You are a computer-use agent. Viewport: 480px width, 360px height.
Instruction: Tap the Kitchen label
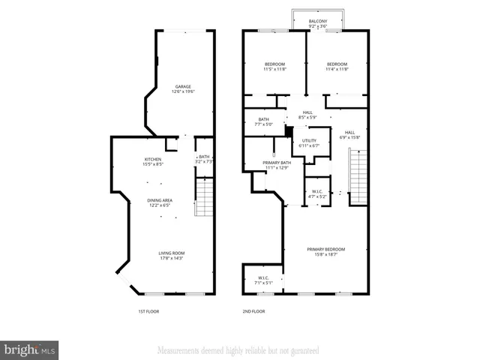[x=153, y=160]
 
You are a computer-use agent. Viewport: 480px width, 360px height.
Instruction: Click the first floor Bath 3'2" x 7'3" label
[x=204, y=158]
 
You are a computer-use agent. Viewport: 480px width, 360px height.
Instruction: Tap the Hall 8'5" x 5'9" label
[x=307, y=115]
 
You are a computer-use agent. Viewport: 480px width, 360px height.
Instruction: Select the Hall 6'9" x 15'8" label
[x=349, y=135]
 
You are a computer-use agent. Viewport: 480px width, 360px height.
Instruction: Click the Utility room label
[x=309, y=142]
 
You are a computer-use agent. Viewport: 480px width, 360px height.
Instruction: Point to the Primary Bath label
[x=276, y=165]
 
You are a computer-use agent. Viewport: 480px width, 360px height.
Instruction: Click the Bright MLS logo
[x=30, y=349]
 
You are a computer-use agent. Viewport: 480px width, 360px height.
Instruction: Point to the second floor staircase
[x=358, y=176]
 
